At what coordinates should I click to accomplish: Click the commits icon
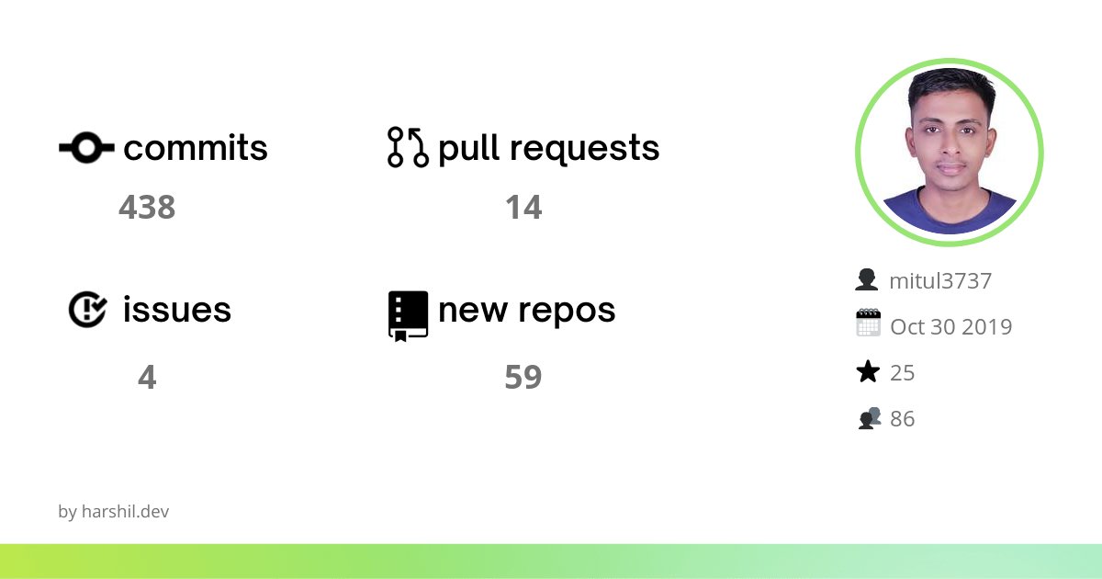coord(86,147)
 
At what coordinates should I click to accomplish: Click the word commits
coord(196,148)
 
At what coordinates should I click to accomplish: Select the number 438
coord(147,208)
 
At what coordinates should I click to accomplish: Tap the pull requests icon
coord(408,147)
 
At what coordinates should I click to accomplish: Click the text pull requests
coord(549,148)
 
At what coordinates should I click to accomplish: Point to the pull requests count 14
coord(523,208)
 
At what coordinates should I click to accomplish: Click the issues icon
coord(88,310)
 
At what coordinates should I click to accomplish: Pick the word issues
coord(177,311)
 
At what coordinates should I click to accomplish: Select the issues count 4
coord(147,377)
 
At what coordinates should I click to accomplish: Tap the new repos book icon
coord(408,315)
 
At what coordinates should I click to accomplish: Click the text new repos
coord(527,311)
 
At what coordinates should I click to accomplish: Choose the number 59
coord(523,377)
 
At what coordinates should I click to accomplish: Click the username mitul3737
coord(940,281)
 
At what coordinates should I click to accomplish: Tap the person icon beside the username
coord(867,280)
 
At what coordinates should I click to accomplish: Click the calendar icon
coord(868,324)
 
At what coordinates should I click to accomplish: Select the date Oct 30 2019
coord(950,327)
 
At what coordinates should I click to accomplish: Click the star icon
coord(868,372)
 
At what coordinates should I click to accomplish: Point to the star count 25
coord(903,373)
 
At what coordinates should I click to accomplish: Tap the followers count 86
coord(903,419)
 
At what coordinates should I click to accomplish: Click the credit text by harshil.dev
coord(113,512)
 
